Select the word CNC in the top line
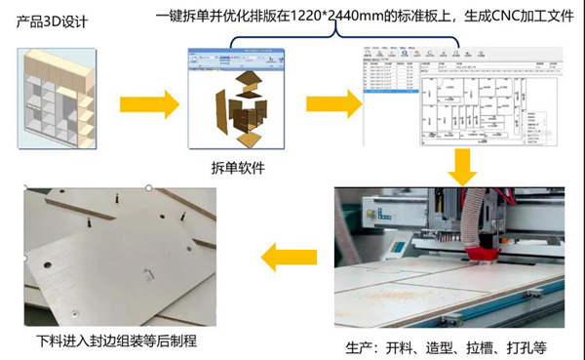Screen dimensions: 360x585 point(491,13)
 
